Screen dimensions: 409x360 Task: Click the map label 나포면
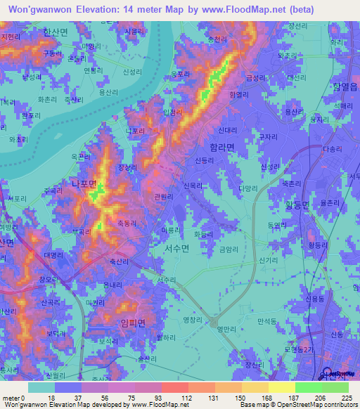(89, 185)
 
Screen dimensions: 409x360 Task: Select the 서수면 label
(176, 247)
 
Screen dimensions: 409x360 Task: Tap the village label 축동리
(127, 223)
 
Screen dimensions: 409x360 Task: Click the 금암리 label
(229, 249)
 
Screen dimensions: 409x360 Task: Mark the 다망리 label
(249, 188)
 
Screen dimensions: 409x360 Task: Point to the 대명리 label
(53, 255)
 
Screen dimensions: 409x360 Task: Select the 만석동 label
(268, 320)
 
